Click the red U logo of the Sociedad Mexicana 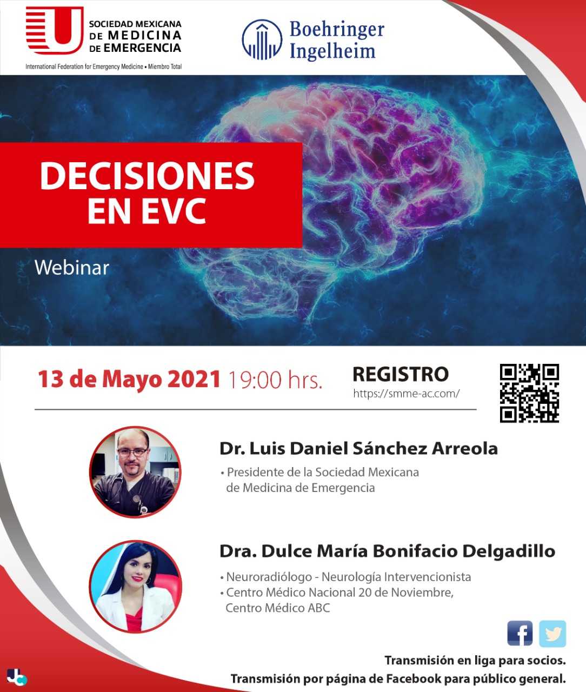54,30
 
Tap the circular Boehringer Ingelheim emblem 262,39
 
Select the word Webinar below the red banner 72,268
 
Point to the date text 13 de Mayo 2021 129,380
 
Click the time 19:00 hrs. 275,380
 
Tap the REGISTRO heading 401,374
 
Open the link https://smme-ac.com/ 406,394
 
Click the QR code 529,393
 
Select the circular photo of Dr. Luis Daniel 135,472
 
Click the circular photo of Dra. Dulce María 135,586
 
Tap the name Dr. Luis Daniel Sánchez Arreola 358,449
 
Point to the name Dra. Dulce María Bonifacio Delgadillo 388,551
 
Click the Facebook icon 520,633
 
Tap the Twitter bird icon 552,634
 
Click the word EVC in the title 174,211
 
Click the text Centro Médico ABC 278,608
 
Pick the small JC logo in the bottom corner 16,677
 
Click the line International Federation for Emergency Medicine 84,66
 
